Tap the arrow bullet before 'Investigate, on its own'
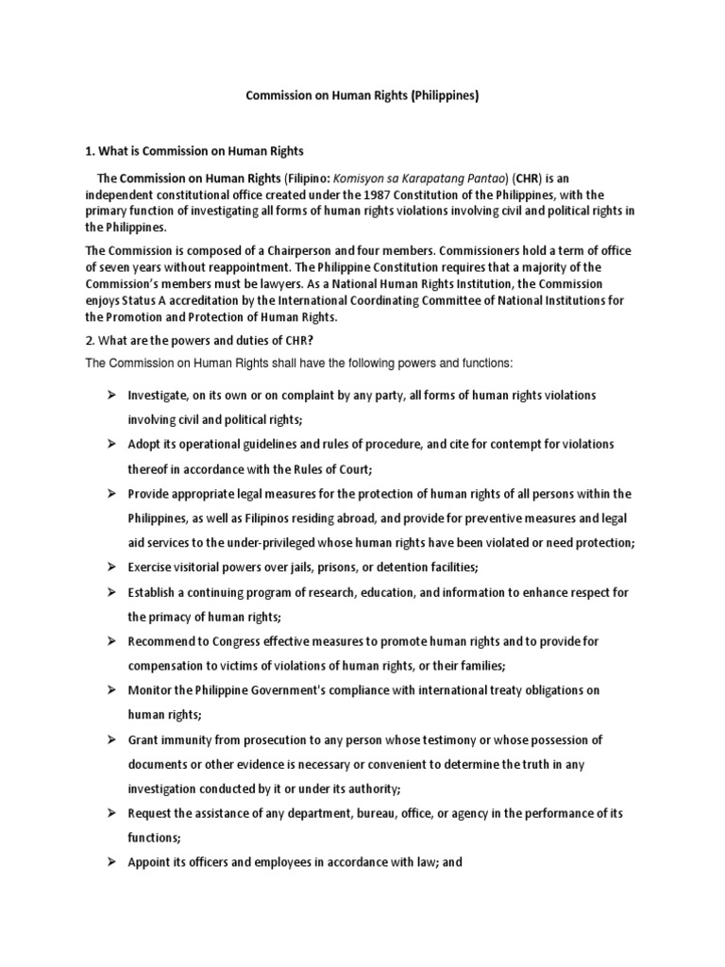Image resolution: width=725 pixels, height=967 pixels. [110, 395]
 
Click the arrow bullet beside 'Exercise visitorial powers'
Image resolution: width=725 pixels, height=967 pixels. [110, 567]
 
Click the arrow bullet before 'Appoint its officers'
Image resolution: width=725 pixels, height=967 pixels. [110, 861]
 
